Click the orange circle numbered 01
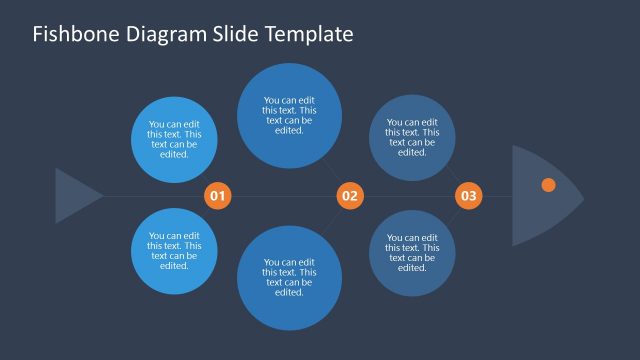point(218,196)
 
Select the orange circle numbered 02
point(349,196)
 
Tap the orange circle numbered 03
point(469,196)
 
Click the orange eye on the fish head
point(548,185)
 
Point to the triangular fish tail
point(74,196)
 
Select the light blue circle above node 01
point(174,140)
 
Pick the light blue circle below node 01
point(174,251)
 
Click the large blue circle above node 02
point(289,115)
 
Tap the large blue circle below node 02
point(289,278)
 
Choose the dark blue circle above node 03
point(412,137)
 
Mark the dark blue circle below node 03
point(412,253)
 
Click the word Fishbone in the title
point(74,35)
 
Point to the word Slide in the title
point(236,35)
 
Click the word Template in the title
point(309,35)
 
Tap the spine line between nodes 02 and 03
point(409,196)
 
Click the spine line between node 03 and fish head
point(497,196)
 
